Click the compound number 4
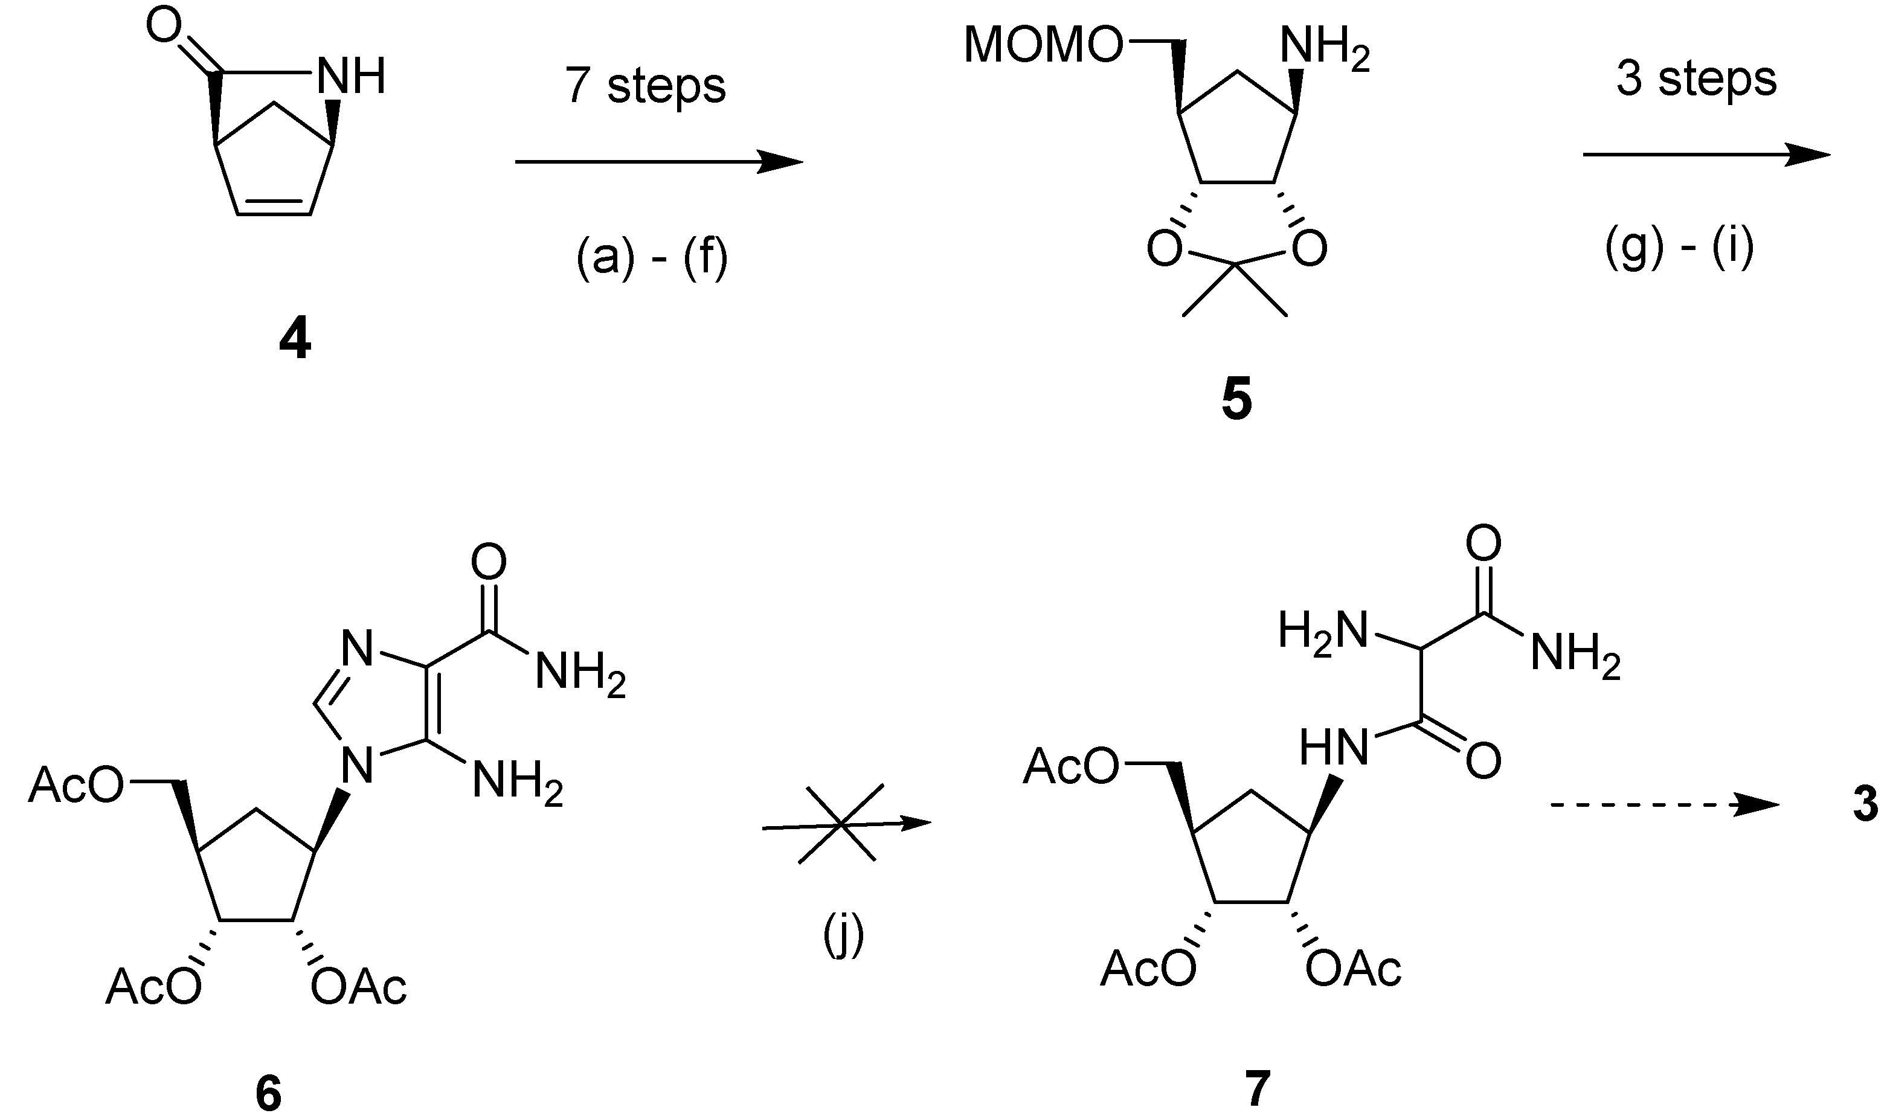point(295,343)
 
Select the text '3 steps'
point(1696,79)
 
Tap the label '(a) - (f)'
point(652,258)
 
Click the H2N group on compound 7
point(1322,630)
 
